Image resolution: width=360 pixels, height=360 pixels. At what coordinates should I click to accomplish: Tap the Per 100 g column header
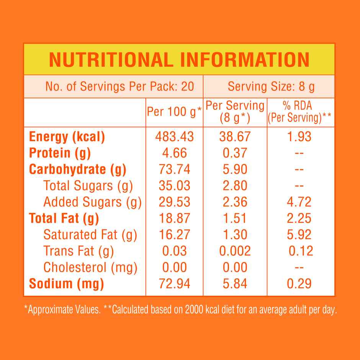pos(175,112)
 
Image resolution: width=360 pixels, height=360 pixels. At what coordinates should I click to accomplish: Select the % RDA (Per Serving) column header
pos(300,112)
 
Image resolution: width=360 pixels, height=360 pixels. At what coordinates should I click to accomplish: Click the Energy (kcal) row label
pos(67,137)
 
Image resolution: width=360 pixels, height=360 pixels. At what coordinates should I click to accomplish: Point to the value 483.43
pos(174,137)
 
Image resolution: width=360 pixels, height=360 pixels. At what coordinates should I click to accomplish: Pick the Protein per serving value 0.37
pos(235,153)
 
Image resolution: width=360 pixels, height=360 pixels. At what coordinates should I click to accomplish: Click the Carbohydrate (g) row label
pos(78,169)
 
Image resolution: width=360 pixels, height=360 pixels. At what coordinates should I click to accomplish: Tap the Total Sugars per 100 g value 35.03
pos(174,186)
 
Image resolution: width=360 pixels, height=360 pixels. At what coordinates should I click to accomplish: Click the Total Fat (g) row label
pos(64,218)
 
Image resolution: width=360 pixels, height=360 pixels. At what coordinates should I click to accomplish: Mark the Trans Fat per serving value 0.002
pos(235,251)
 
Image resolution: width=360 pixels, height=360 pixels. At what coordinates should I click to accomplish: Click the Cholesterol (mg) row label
pos(90,267)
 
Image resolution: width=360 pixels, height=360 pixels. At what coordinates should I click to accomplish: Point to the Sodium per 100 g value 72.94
pos(174,284)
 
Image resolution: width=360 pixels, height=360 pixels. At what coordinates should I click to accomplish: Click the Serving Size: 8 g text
pos(271,87)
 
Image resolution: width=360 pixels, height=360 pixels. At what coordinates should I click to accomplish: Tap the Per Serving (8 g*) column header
pos(235,112)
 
